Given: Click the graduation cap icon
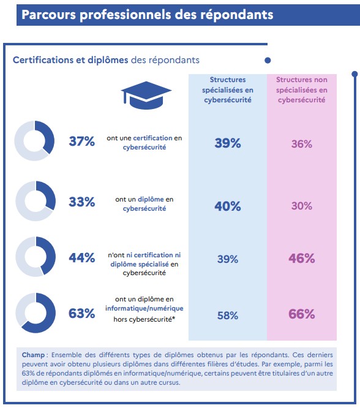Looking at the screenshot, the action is [146, 95].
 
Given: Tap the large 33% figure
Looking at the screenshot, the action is [81, 202].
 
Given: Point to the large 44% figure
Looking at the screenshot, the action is [81, 258].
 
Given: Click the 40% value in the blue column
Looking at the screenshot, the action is [228, 206].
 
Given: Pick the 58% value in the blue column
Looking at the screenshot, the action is [228, 315].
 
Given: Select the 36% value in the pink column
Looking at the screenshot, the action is [301, 144].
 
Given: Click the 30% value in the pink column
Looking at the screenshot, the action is [301, 206].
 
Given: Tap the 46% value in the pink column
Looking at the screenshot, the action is [301, 259].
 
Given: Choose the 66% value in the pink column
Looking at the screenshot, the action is [301, 314].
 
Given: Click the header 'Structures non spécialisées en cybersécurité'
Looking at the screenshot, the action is [301, 90].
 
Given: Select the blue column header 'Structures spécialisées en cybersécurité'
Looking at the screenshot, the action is [228, 90].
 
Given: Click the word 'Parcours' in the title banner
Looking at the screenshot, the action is [48, 15].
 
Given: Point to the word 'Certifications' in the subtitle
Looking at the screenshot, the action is [43, 60].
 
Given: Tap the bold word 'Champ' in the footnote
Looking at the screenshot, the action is [33, 355].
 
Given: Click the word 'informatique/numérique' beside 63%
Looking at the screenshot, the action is [144, 308].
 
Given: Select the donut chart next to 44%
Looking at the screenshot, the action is [50, 256].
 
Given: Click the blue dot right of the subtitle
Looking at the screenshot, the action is [268, 61].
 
